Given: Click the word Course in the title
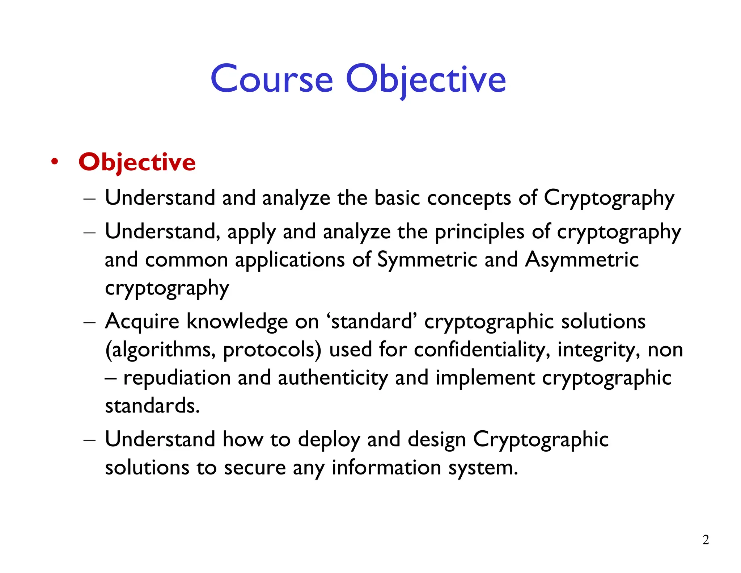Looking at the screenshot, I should [x=271, y=79].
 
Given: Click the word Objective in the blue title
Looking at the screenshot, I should [x=425, y=79].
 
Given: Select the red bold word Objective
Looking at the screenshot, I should [x=137, y=162].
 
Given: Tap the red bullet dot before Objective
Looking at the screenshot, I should [x=55, y=162].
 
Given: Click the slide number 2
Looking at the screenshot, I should [x=706, y=540].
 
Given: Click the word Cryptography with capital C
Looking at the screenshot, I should [x=609, y=198].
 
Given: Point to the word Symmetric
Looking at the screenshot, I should [x=427, y=260].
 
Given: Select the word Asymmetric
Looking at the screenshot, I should [x=581, y=260].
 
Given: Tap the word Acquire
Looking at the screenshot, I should [x=142, y=322].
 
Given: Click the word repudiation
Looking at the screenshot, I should [x=177, y=378].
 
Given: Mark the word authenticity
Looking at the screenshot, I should [x=333, y=378].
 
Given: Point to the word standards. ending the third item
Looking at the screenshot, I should [x=152, y=406].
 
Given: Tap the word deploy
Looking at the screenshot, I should [x=329, y=440].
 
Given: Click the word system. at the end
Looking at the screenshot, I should [x=483, y=468].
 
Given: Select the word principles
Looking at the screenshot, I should [x=479, y=232].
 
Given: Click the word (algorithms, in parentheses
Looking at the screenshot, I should [x=160, y=350].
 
